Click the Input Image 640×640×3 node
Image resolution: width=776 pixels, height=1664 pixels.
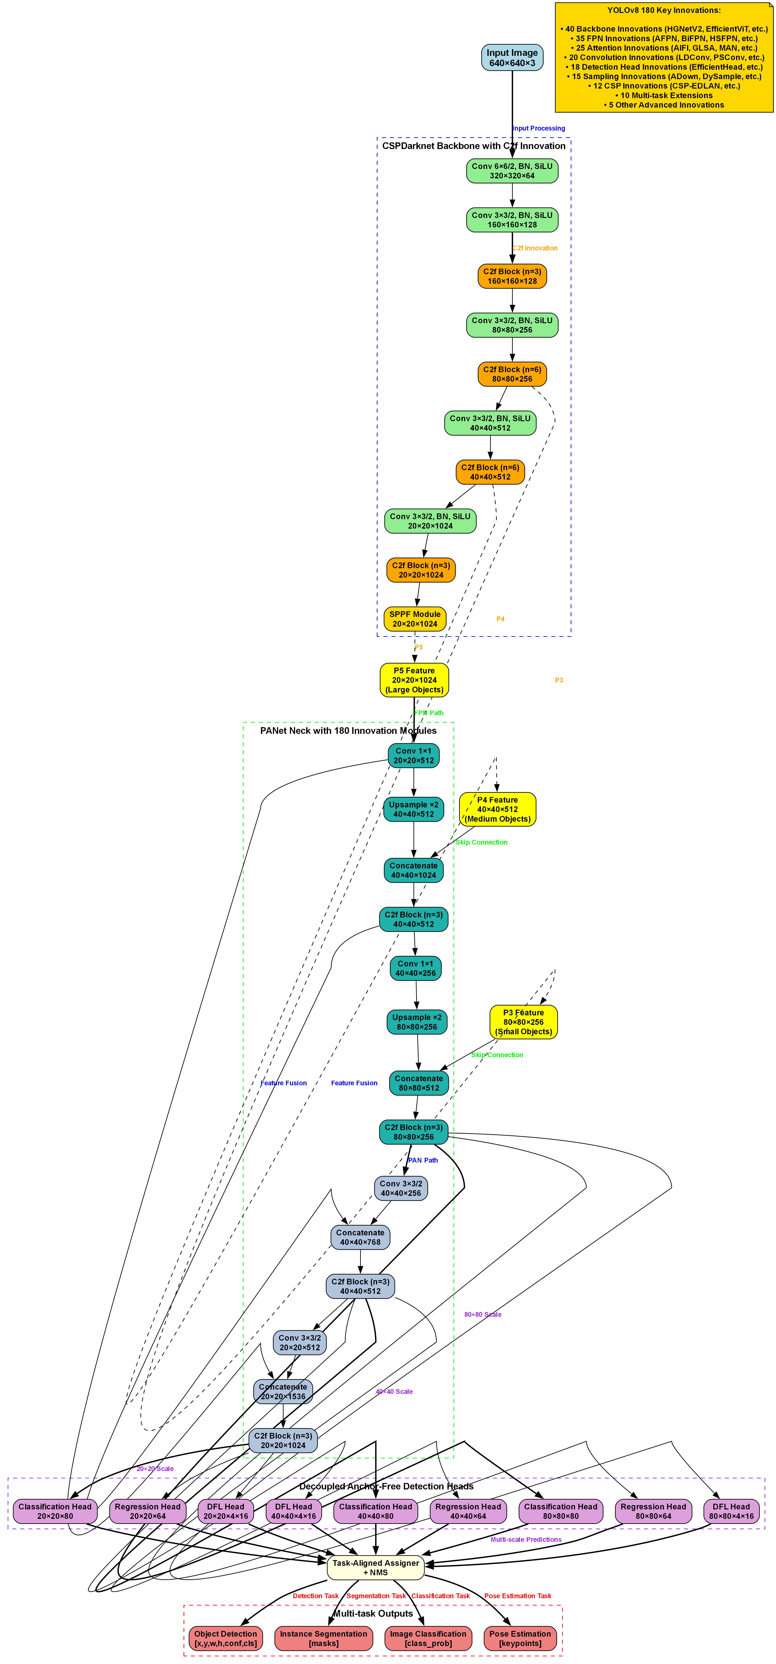coord(512,58)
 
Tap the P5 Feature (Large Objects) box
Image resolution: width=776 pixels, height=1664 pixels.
coord(414,680)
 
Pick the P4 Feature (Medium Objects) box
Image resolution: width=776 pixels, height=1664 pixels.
coord(498,809)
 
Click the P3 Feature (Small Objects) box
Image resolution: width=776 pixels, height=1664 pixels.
coord(523,1022)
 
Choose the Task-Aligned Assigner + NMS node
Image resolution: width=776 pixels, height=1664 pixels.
coord(375,1567)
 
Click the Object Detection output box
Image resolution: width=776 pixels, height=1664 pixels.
coord(226,1638)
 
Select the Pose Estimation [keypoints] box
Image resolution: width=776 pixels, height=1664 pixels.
coord(520,1638)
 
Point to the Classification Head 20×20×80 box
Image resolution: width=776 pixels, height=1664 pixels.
coord(55,1511)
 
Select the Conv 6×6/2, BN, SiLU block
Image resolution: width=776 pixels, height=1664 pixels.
coord(512,170)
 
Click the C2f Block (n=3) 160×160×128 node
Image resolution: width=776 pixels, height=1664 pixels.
coord(512,276)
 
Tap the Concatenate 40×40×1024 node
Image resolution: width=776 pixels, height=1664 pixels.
coord(414,870)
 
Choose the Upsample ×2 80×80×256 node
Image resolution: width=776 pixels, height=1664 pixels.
coord(417,1022)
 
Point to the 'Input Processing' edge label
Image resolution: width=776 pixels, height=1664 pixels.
coord(538,128)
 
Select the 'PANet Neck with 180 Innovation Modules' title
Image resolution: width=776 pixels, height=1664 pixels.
coord(348,730)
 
